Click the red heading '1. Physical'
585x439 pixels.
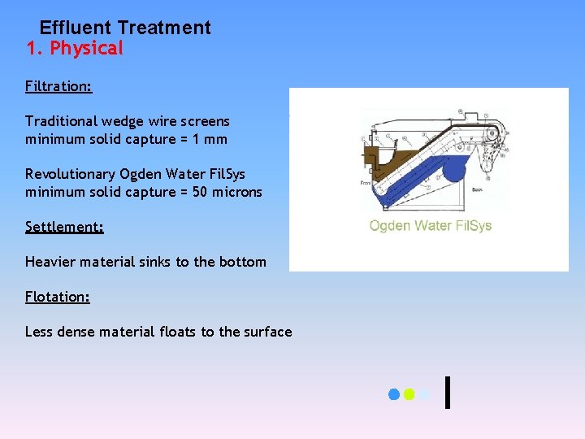coord(75,49)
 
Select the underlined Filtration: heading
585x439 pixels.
coord(58,86)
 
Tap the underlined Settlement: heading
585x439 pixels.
coord(64,227)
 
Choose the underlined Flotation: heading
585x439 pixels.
coord(58,297)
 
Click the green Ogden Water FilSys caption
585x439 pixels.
coord(430,225)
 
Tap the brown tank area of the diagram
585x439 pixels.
coord(382,159)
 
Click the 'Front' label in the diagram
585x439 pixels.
coord(366,184)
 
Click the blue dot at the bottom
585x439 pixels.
coord(394,394)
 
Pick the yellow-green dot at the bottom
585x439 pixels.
coord(409,394)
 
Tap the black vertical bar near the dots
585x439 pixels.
coord(448,391)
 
